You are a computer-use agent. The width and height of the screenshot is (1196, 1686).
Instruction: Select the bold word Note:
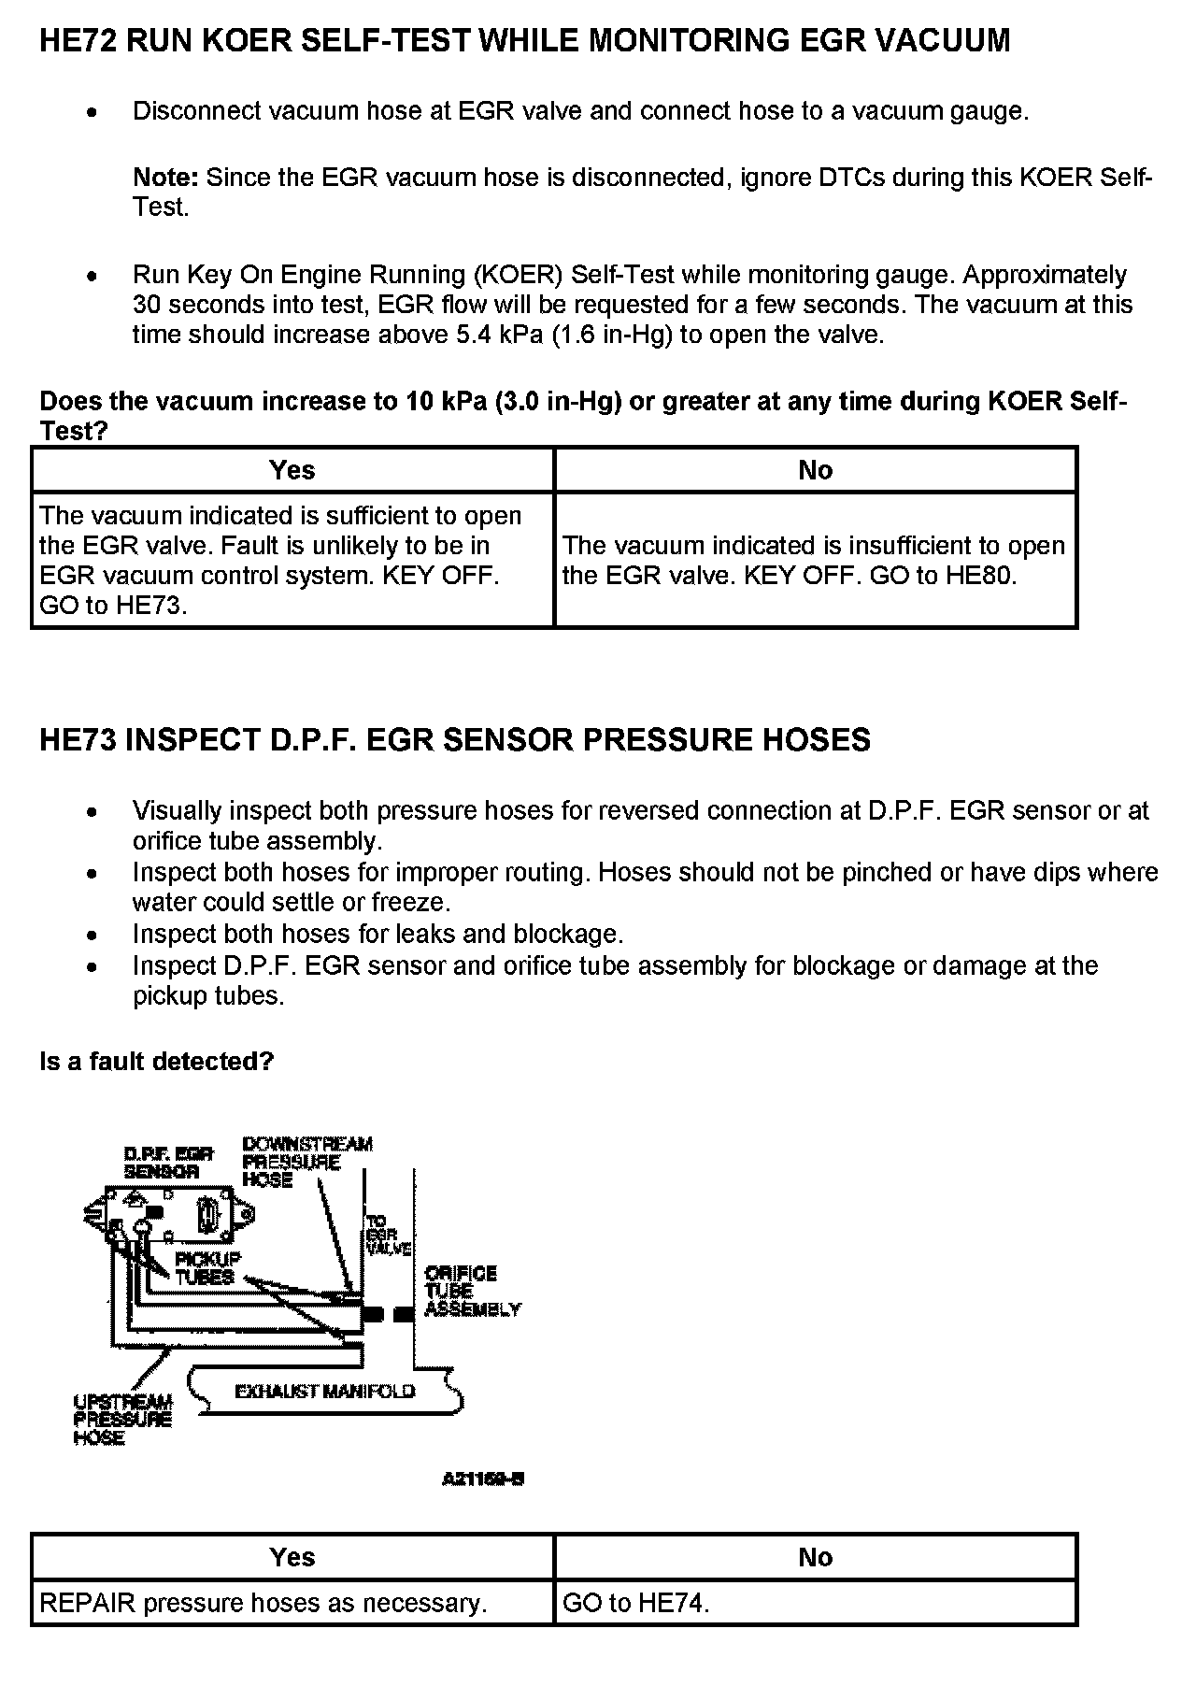[165, 178]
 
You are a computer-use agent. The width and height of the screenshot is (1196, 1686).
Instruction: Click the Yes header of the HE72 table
[292, 470]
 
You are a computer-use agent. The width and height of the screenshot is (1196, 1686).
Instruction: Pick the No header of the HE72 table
[815, 470]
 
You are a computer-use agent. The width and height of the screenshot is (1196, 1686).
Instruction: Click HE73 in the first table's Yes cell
[150, 606]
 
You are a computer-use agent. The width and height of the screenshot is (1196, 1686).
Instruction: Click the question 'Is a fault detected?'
[157, 1062]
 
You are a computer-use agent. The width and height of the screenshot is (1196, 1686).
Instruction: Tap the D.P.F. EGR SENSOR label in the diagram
[168, 1163]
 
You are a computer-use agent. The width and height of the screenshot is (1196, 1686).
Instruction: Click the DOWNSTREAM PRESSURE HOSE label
[306, 1162]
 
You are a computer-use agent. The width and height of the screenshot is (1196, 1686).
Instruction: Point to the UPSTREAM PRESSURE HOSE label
[122, 1420]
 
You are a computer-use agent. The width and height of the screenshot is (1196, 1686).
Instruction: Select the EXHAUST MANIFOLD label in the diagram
[324, 1392]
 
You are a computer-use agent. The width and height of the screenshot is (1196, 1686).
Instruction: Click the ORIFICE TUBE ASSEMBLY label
[472, 1291]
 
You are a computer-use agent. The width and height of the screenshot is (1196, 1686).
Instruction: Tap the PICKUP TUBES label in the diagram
[207, 1267]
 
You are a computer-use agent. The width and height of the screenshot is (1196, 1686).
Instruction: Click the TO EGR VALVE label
[387, 1235]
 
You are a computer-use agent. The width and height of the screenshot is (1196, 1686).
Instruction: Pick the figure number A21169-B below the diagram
[483, 1479]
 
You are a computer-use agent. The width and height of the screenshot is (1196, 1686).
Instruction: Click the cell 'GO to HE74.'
[636, 1604]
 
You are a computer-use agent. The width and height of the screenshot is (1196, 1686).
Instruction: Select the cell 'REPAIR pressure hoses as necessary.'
[263, 1604]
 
